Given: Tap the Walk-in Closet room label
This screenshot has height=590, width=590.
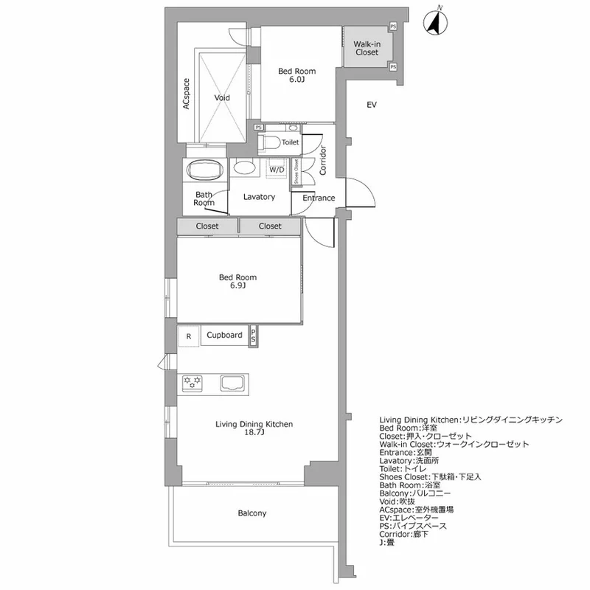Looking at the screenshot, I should tap(367, 48).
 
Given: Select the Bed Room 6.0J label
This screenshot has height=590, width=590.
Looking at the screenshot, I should tap(296, 75).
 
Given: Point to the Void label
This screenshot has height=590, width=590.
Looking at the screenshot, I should tap(222, 97).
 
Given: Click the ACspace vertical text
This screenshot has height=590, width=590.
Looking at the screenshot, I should tap(187, 94).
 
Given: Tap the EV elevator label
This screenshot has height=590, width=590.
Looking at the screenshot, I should tap(372, 105).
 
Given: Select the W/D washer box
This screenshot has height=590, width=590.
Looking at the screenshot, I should tap(277, 170).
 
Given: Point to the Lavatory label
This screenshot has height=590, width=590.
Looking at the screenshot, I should tap(259, 197).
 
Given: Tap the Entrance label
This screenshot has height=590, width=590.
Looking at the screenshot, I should tap(319, 198).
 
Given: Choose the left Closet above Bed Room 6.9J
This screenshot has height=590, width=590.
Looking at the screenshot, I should tap(207, 226).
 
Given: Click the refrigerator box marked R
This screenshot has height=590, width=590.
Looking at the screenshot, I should tap(189, 336).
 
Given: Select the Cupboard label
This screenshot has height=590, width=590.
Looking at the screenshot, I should tap(224, 335).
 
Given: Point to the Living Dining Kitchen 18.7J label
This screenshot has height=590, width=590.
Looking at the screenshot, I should tap(254, 428).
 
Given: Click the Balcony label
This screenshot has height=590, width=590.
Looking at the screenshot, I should tap(252, 513).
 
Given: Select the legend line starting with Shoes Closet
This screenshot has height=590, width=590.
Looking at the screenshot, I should tap(430, 476).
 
